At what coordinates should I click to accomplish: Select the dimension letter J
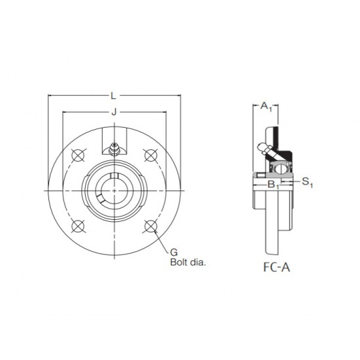coord(115,113)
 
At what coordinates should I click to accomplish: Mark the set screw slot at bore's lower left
coord(103,198)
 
